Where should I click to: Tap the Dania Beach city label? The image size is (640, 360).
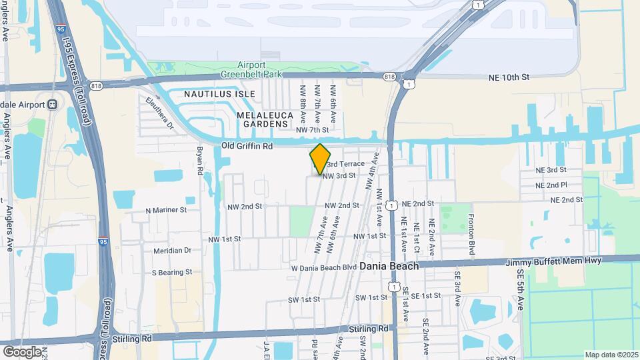pos(389,266)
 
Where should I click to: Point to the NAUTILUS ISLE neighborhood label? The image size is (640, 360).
pos(211,95)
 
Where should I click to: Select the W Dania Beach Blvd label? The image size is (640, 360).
pos(323,267)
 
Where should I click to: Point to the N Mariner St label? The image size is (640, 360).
pos(167,210)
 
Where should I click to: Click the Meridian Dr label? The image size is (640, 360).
pos(172,251)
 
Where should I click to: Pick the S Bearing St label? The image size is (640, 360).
pos(171,272)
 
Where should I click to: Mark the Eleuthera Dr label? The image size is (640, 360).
pos(159,113)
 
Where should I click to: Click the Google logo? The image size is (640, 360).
pos(22,351)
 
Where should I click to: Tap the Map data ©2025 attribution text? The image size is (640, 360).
pos(611,355)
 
